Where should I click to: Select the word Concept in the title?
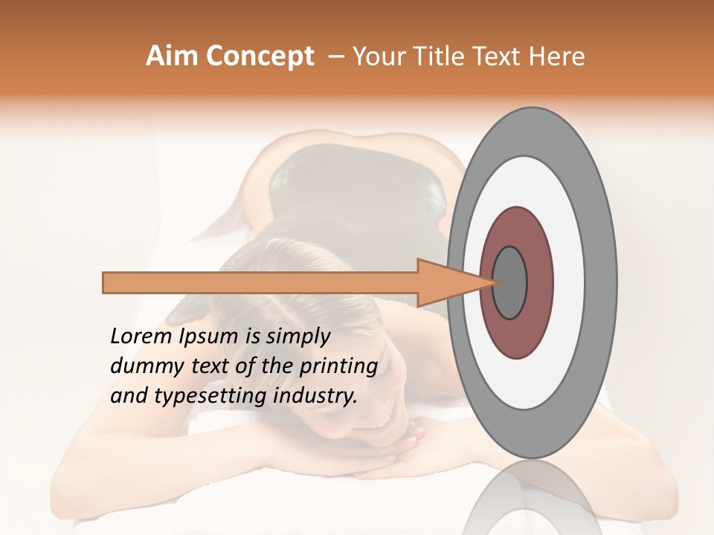260,56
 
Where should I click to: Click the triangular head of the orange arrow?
446,282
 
